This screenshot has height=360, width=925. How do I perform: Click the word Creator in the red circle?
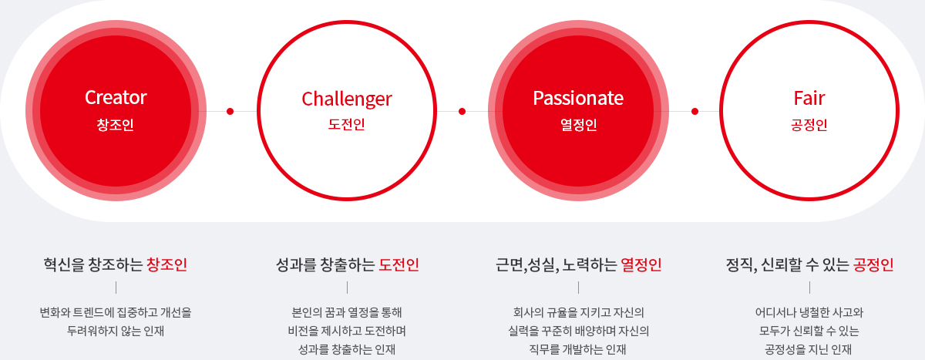pos(116,97)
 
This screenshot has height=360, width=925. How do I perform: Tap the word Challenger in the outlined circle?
pos(347,99)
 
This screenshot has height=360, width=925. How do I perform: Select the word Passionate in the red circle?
pos(578,98)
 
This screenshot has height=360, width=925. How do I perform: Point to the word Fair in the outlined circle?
pos(809,98)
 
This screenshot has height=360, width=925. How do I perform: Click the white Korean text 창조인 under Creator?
pos(115,125)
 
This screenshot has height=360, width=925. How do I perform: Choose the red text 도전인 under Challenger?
pos(346,124)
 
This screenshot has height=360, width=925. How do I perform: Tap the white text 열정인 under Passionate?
pos(579,125)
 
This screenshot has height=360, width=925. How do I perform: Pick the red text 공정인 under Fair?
pos(809,125)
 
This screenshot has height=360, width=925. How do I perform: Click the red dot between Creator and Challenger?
pos(230,111)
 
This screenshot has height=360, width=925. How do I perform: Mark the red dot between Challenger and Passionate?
pos(462,111)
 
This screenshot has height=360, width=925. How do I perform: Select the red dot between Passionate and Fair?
pos(695,111)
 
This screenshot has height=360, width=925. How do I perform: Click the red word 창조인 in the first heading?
pos(166,264)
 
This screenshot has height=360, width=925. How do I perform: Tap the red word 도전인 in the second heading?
pos(399,264)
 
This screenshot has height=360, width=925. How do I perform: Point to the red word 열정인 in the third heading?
pos(641,264)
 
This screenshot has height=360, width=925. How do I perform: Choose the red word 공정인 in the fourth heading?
pos(873,264)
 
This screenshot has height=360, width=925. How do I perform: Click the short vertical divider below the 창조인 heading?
pos(116,288)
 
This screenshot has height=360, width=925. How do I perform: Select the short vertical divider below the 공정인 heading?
pos(810,288)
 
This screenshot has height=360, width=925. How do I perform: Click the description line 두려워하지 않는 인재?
pos(116,331)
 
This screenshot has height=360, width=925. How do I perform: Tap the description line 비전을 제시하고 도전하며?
pos(347,331)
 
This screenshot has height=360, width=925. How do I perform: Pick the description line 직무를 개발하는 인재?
pos(577,350)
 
